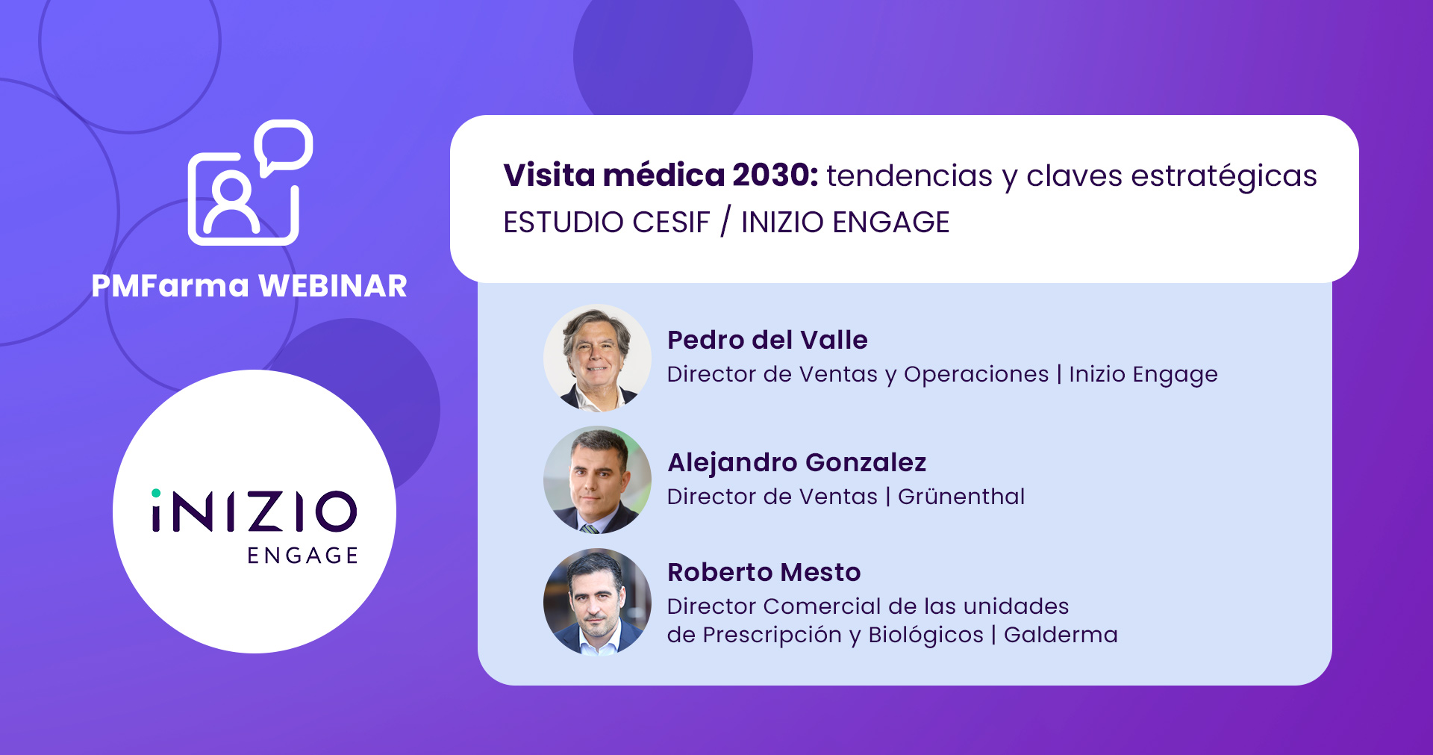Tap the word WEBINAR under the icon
tap(332, 286)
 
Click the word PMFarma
tap(170, 286)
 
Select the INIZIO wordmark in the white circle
tap(255, 512)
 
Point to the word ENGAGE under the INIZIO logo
tap(303, 556)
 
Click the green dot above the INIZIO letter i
tap(156, 493)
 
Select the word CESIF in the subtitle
tap(671, 223)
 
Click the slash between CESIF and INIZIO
tap(725, 222)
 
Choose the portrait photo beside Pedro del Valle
tap(597, 358)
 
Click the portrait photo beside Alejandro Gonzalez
tap(597, 479)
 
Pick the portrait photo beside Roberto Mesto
tap(597, 602)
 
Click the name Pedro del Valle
tap(767, 340)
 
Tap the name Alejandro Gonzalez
tap(796, 462)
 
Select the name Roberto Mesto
tap(764, 572)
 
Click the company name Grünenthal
tap(961, 497)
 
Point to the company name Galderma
tap(1061, 635)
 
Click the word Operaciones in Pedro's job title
tap(976, 375)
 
